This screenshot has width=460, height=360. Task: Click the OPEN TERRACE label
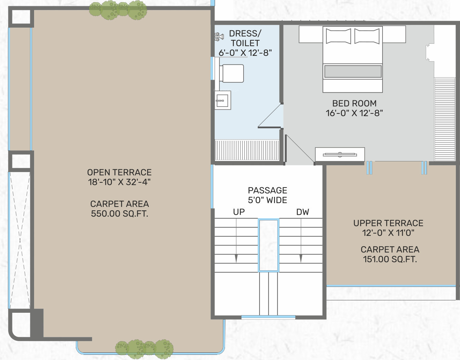[x=119, y=172]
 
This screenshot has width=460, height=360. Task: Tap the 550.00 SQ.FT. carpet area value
[x=120, y=214]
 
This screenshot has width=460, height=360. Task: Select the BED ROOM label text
[x=354, y=103]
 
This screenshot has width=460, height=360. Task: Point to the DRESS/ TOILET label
[x=245, y=38]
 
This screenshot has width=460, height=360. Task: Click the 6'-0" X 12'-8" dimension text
[x=245, y=53]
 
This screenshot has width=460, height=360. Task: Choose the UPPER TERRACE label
[x=388, y=223]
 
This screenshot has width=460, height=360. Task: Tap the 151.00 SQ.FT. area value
[x=390, y=259]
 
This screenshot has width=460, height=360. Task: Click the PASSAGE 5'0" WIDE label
[x=268, y=195]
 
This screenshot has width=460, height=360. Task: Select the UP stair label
[x=239, y=212]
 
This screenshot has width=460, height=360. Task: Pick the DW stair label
[x=303, y=212]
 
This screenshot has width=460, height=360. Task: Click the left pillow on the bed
[x=338, y=36]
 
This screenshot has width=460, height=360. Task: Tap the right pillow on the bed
[x=367, y=36]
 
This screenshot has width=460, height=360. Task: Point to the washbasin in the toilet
[x=223, y=100]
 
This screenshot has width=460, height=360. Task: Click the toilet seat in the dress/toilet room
[x=231, y=73]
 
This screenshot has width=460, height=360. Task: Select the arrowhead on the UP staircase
[x=236, y=259]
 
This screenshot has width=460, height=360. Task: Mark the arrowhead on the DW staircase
[x=301, y=259]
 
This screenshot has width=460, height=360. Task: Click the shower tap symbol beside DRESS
[x=219, y=37]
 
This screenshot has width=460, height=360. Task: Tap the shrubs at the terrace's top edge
[x=118, y=10]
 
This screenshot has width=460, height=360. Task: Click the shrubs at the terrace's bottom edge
[x=144, y=349]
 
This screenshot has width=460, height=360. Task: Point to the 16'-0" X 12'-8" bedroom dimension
[x=354, y=113]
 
